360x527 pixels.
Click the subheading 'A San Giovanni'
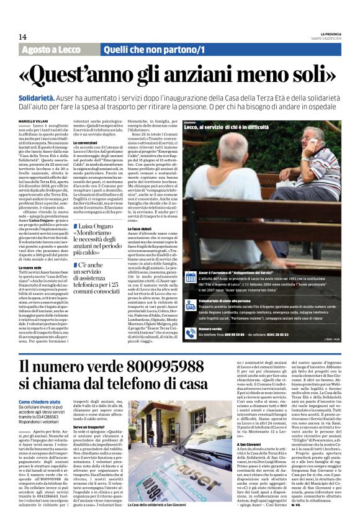click(249, 444)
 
